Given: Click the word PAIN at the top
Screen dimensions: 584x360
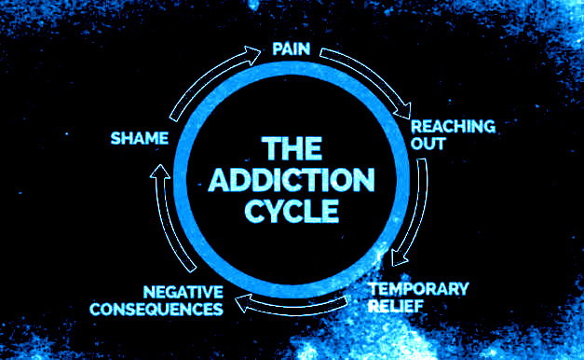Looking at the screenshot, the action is (x=292, y=48).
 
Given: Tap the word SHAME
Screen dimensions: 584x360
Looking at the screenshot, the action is (x=140, y=138).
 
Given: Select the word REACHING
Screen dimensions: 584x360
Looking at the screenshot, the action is (x=453, y=127).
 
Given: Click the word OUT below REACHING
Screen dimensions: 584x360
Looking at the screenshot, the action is (x=428, y=144).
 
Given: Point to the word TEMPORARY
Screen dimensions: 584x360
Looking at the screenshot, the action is (x=418, y=289).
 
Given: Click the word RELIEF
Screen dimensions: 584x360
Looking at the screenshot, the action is (x=396, y=306).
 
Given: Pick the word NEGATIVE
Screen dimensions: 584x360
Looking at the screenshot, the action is (x=183, y=292).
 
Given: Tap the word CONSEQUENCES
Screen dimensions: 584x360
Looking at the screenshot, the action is (x=156, y=310).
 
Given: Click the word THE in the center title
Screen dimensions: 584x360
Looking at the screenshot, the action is (x=292, y=148).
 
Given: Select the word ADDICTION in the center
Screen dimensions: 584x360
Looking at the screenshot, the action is (x=292, y=179).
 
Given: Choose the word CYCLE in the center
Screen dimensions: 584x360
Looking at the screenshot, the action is (x=292, y=211).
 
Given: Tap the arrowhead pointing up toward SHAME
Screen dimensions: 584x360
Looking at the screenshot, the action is (x=160, y=172).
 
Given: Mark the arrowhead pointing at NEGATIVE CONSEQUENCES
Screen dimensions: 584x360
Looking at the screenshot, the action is (x=243, y=303).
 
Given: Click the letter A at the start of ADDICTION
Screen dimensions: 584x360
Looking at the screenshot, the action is (x=220, y=180).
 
